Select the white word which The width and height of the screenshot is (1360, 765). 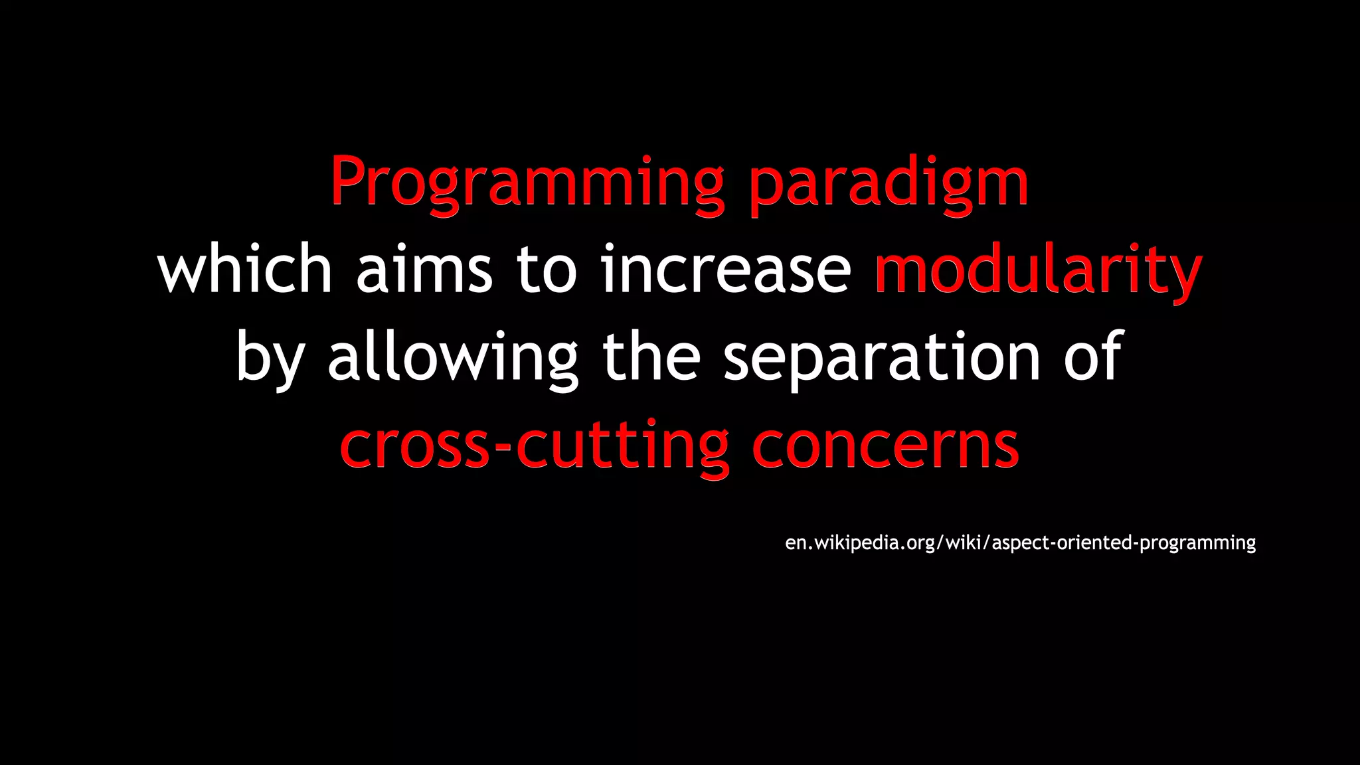tap(244, 269)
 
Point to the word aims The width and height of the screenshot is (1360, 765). tap(424, 269)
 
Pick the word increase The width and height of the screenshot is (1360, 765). tap(725, 269)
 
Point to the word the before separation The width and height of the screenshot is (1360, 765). tap(651, 357)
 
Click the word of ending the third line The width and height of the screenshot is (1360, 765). tap(1093, 357)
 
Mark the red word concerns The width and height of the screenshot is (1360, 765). tap(885, 445)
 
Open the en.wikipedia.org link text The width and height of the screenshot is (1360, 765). tap(860, 543)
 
